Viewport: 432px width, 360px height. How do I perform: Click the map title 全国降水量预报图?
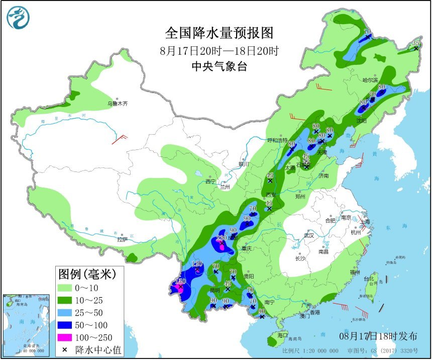tap(220, 33)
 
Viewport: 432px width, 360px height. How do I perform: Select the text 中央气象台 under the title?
tap(220, 66)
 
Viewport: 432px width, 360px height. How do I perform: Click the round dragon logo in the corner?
tap(18, 18)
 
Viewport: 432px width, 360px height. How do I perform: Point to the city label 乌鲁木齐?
tap(117, 104)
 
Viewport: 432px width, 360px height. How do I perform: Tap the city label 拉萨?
tap(122, 240)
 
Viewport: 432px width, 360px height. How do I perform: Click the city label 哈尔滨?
tap(370, 80)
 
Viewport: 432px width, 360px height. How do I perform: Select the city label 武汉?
tap(308, 235)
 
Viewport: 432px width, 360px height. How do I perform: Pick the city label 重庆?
tap(246, 248)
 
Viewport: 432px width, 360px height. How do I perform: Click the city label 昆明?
tap(214, 290)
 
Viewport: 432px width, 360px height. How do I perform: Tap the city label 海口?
tap(282, 335)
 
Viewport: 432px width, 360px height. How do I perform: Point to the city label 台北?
tap(369, 279)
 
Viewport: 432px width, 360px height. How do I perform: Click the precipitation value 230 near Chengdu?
tap(222, 238)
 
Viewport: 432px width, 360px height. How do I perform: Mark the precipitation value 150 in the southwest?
tap(180, 281)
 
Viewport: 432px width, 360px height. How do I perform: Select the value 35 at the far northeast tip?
tap(416, 43)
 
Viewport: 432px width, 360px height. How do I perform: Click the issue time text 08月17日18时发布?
tap(378, 335)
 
